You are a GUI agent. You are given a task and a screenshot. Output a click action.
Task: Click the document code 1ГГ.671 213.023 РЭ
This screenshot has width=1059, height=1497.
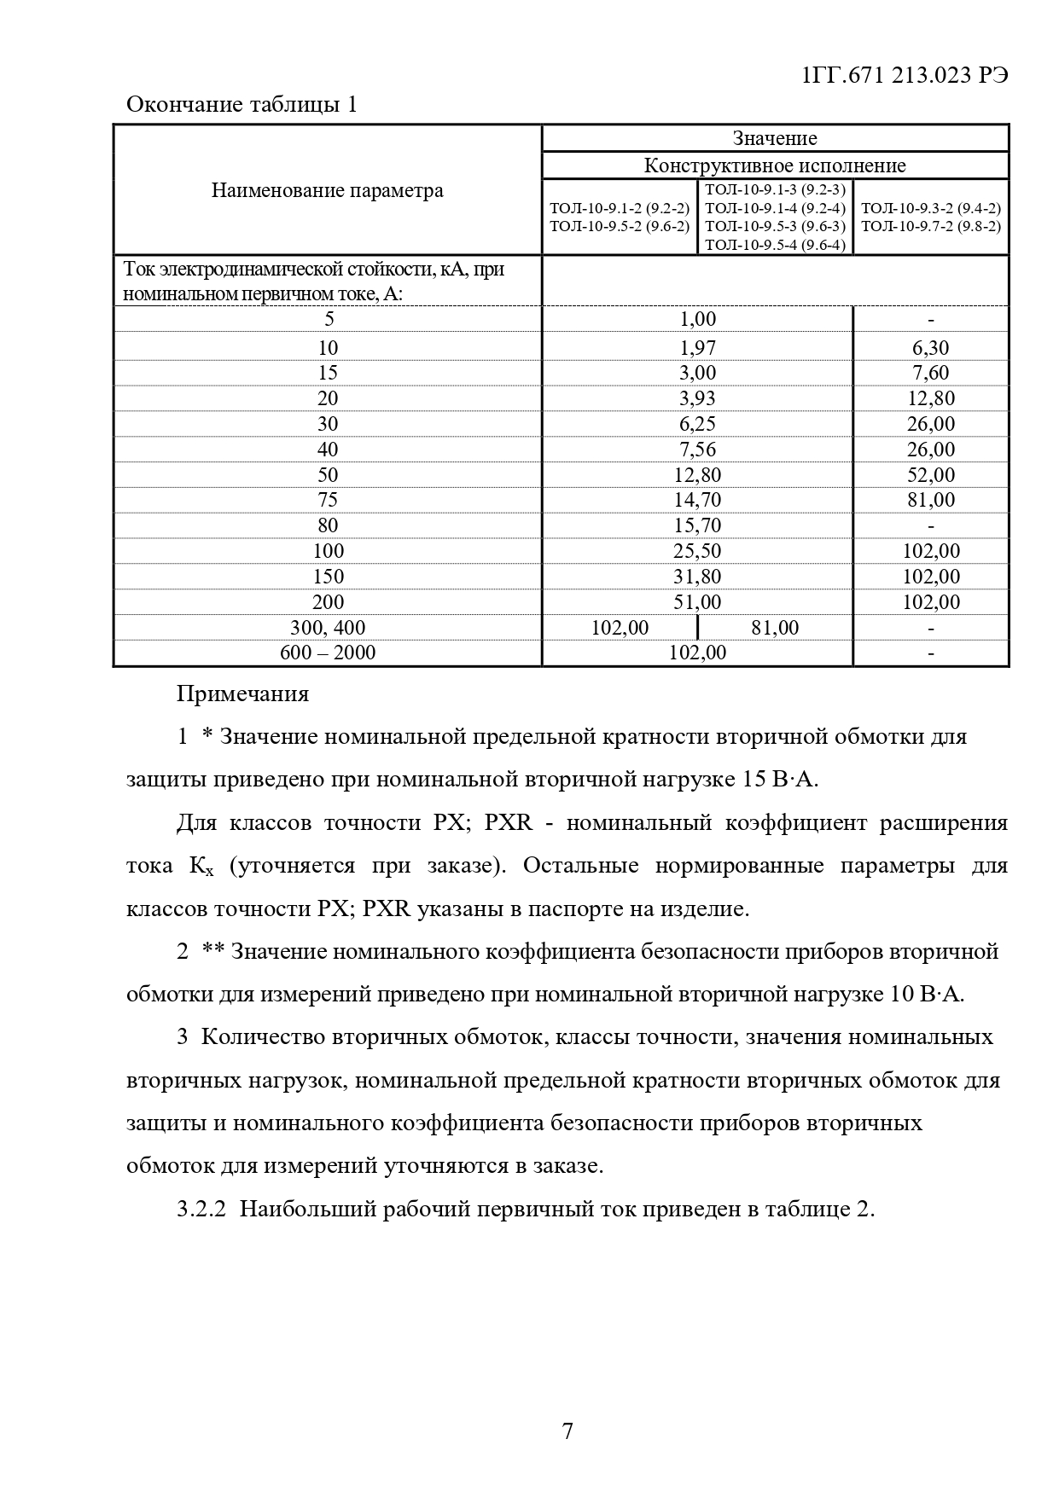coord(905,75)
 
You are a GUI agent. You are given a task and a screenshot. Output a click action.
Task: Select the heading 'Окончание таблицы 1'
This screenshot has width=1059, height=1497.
coord(241,105)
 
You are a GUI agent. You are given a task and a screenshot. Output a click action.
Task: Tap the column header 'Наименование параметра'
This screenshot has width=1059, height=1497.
coord(327,190)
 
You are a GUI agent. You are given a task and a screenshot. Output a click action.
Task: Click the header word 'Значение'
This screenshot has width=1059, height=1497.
coord(774,138)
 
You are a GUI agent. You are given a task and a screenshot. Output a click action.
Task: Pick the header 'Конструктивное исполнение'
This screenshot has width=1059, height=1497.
coord(774,165)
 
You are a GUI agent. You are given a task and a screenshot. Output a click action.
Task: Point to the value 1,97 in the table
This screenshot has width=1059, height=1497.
coord(697,347)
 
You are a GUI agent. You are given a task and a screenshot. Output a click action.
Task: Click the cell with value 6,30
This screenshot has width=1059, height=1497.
coord(930,347)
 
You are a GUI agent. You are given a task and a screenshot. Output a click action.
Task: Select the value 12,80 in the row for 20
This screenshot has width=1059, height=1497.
coord(930,398)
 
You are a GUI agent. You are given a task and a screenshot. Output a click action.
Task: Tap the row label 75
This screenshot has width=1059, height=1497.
coord(328,500)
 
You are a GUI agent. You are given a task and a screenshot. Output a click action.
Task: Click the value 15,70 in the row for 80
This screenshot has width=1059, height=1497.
coord(697,525)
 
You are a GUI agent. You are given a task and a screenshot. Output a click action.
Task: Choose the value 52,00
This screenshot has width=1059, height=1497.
coord(930,475)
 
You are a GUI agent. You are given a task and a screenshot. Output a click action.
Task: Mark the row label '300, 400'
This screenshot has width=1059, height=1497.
coord(328,628)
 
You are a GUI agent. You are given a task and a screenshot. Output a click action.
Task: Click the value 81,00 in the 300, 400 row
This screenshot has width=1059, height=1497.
coord(775,628)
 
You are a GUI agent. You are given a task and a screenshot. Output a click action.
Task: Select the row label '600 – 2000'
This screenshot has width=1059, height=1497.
coord(328,653)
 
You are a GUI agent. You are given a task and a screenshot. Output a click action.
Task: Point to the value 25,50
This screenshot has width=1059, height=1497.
coord(697,551)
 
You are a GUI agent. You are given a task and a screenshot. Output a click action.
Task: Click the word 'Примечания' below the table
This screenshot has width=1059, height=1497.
coord(242,693)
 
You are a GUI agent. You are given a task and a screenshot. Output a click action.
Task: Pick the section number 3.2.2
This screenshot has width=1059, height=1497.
coord(201,1210)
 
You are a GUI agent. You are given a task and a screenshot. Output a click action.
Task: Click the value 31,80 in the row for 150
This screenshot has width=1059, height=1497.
coord(697,577)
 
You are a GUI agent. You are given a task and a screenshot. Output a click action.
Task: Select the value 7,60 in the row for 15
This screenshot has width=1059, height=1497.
coord(930,373)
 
